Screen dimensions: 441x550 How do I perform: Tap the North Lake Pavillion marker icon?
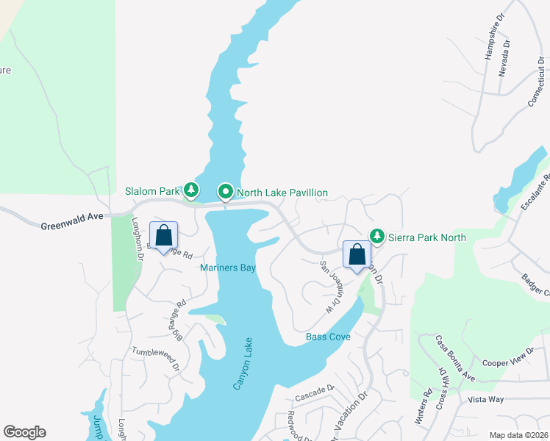pos(226,193)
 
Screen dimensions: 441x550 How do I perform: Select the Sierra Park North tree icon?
pos(377,236)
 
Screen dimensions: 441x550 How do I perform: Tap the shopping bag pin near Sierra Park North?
pos(357,255)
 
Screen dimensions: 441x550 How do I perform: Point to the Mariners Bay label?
pos(227,268)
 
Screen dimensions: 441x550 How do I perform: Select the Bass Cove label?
pos(327,337)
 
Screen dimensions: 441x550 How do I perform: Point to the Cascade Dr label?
pos(315,398)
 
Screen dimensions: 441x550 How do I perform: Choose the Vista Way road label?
pos(485,399)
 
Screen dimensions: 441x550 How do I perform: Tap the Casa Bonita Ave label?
pos(454,358)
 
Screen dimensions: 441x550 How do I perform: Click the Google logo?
pos(24,432)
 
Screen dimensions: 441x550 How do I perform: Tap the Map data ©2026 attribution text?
pos(518,435)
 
